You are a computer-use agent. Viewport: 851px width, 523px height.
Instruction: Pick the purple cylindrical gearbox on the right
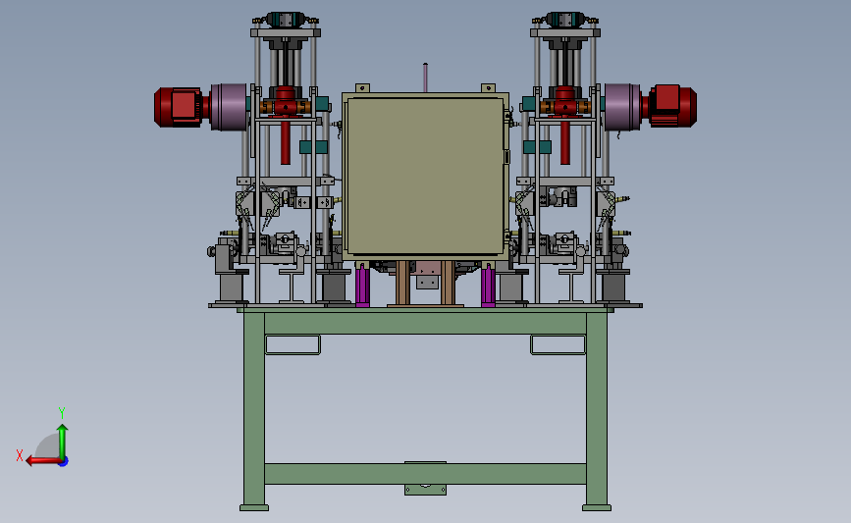pos(622,107)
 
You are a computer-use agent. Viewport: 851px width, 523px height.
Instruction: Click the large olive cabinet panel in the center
pos(426,176)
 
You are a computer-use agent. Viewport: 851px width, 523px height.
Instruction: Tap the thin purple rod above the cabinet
pos(426,78)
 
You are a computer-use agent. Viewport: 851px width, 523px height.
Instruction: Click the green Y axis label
pos(62,413)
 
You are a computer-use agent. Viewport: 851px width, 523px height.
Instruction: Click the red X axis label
pos(20,455)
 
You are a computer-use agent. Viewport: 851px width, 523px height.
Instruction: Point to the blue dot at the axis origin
pos(64,462)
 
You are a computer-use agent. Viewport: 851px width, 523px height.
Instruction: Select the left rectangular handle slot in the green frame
pos(293,345)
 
